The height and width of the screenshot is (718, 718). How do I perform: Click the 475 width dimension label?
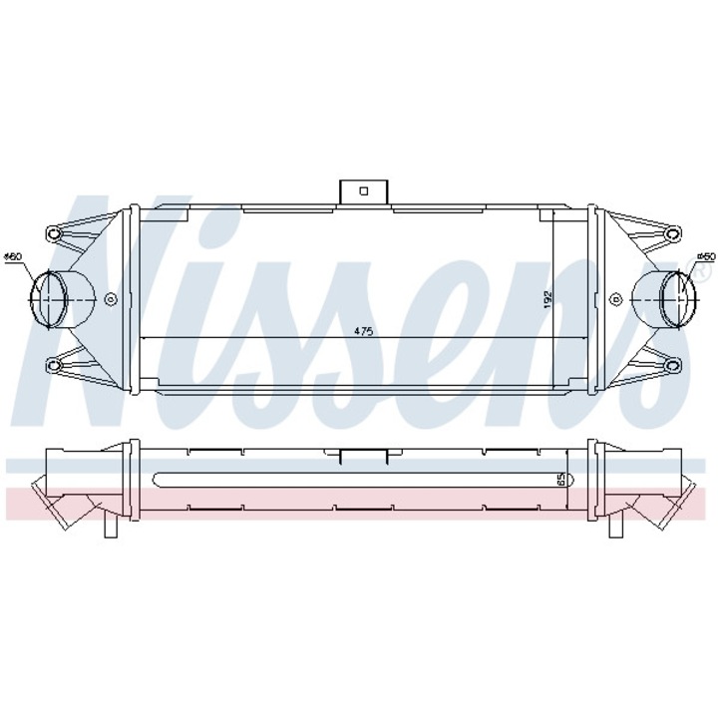coord(362,332)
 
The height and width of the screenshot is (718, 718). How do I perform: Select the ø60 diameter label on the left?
coord(13,258)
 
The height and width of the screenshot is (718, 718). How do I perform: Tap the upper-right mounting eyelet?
coord(670,234)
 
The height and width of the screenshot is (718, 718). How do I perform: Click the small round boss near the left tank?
coord(111,298)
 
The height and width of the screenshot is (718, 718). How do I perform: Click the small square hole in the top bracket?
coord(363,188)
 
